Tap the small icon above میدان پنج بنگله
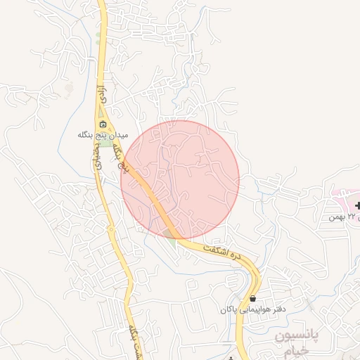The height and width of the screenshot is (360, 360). pos(103,125)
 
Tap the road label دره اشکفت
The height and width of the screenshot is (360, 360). pos(220,255)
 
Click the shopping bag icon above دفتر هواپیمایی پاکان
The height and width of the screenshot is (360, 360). pos(252,298)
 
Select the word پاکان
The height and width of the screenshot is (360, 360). pos(228,309)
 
